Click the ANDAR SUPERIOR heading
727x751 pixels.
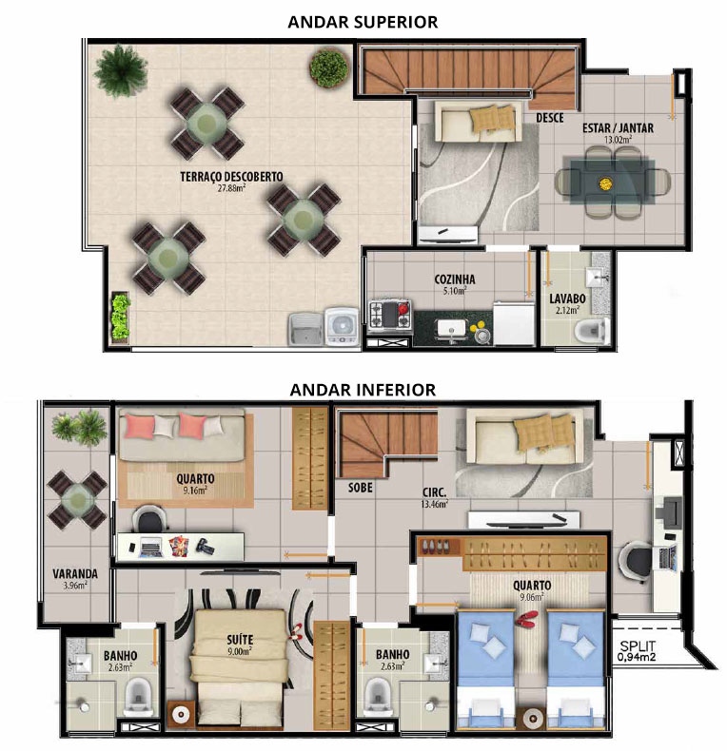pyautogui.click(x=363, y=22)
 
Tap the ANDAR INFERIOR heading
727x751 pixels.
pyautogui.click(x=363, y=390)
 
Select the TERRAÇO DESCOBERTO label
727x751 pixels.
pyautogui.click(x=231, y=177)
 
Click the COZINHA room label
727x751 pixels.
pyautogui.click(x=455, y=279)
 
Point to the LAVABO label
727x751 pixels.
pyautogui.click(x=567, y=298)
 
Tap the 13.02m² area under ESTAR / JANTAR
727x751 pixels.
pyautogui.click(x=618, y=140)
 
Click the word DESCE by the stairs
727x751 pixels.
pyautogui.click(x=550, y=118)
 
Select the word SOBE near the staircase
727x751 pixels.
pyautogui.click(x=360, y=488)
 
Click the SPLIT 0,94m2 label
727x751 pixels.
pyautogui.click(x=638, y=651)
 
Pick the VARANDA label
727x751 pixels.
pyautogui.click(x=75, y=573)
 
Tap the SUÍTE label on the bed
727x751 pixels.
pyautogui.click(x=240, y=640)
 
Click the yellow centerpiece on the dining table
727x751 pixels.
pyautogui.click(x=605, y=183)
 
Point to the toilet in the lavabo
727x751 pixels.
pyautogui.click(x=591, y=331)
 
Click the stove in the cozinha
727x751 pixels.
pyautogui.click(x=390, y=315)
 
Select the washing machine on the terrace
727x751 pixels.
pyautogui.click(x=342, y=327)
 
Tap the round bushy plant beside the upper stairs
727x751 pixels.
pyautogui.click(x=329, y=68)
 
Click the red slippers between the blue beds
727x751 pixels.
pyautogui.click(x=527, y=618)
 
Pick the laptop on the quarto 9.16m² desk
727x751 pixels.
pyautogui.click(x=150, y=548)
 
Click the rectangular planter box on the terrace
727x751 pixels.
pyautogui.click(x=120, y=317)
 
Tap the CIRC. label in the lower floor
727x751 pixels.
pyautogui.click(x=435, y=492)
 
